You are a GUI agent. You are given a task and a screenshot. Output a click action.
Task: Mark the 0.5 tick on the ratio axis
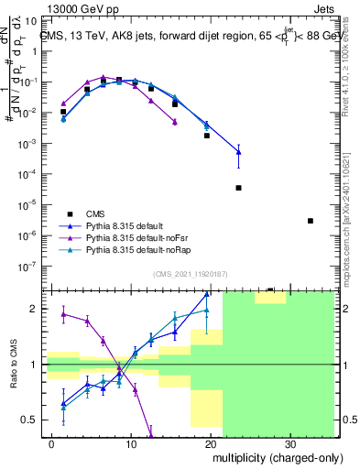click(31, 420)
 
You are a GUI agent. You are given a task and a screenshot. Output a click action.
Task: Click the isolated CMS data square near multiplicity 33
click(311, 221)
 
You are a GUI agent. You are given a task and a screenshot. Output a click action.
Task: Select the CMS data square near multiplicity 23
click(238, 188)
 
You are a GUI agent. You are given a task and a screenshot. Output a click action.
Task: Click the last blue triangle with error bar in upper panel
click(238, 153)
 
